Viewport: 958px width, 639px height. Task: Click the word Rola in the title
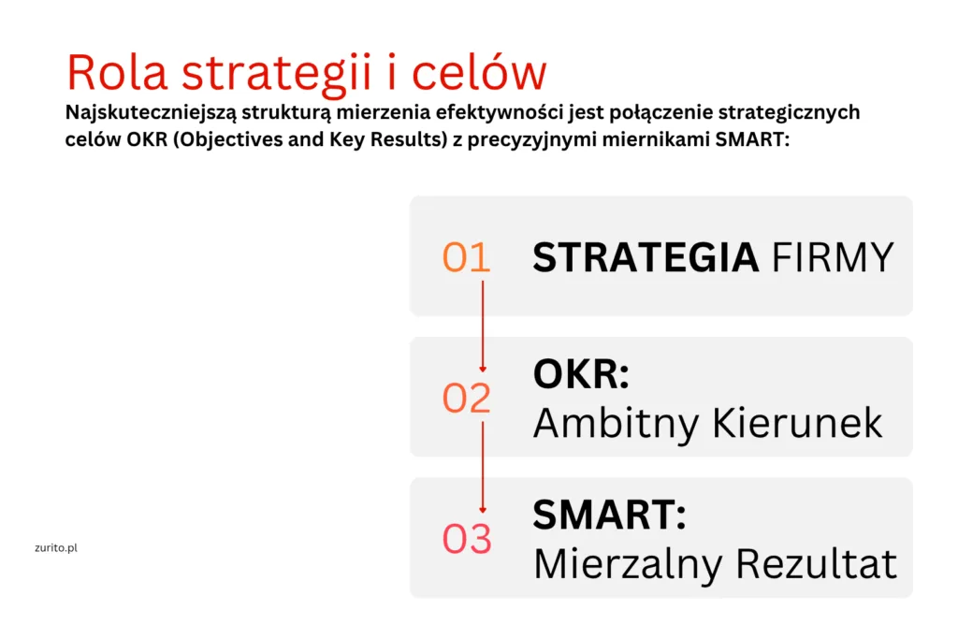(x=117, y=72)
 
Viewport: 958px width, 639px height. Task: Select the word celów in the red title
(x=479, y=71)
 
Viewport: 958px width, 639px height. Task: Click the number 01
(x=466, y=256)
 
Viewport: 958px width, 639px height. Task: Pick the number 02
(x=466, y=398)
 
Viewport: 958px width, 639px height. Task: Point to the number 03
(x=467, y=538)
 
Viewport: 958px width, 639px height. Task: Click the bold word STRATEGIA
(x=646, y=257)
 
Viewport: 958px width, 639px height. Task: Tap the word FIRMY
(x=833, y=257)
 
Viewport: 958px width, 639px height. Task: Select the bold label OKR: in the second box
(x=581, y=373)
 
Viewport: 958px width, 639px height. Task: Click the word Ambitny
(x=616, y=424)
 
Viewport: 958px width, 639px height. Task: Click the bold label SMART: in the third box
(x=610, y=515)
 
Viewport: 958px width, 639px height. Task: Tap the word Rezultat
(x=816, y=563)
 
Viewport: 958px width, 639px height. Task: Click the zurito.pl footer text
(x=56, y=548)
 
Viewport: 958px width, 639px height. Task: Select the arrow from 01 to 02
(x=483, y=327)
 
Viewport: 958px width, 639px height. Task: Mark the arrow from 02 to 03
(x=483, y=468)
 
